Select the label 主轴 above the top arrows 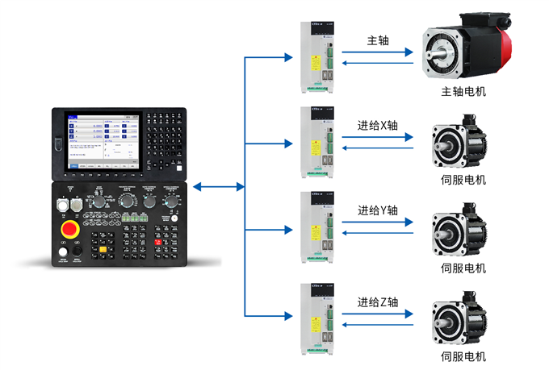[378, 40]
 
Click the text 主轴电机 [463, 92]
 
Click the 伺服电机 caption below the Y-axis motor [463, 268]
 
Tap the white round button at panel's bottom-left [63, 254]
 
